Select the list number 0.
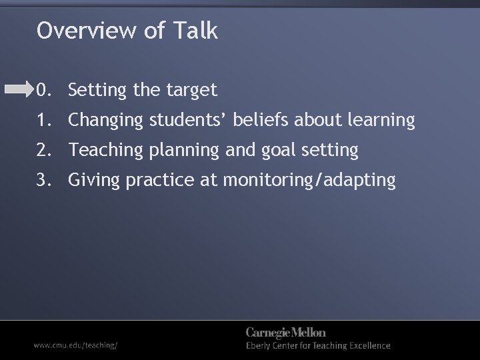click(43, 89)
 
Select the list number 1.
click(43, 120)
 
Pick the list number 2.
click(43, 151)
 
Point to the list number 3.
click(43, 180)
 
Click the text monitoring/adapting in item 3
click(309, 181)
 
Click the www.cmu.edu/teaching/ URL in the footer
click(77, 345)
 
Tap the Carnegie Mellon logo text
click(286, 333)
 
